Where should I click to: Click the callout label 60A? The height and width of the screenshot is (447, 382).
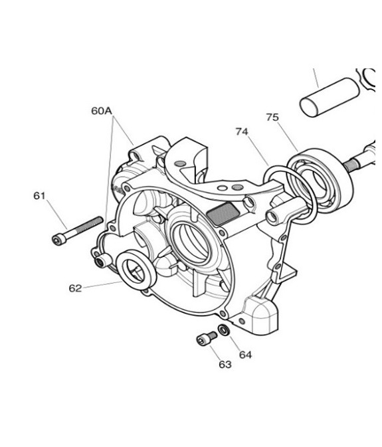(101, 111)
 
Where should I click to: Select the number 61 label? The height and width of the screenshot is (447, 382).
(39, 196)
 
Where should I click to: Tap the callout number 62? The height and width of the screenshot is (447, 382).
(75, 288)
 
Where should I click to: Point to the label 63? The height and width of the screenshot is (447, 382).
(225, 365)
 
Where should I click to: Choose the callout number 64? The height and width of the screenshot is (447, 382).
(245, 355)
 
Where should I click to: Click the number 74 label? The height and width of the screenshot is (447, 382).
(242, 132)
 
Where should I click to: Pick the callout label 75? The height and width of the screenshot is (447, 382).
(272, 117)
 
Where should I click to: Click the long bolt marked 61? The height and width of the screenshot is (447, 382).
(78, 230)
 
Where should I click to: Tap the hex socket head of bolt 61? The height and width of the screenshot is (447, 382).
(57, 240)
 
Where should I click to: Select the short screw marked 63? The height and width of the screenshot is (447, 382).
(207, 337)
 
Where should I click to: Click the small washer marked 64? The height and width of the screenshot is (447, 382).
(223, 330)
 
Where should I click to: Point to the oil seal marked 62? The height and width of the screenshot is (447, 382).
(137, 270)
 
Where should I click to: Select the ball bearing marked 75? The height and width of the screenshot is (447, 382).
(320, 179)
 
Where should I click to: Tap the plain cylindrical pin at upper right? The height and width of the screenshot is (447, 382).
(330, 97)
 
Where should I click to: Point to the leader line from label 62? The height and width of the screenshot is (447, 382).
(102, 284)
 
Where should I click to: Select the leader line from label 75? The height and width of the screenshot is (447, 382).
(288, 136)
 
